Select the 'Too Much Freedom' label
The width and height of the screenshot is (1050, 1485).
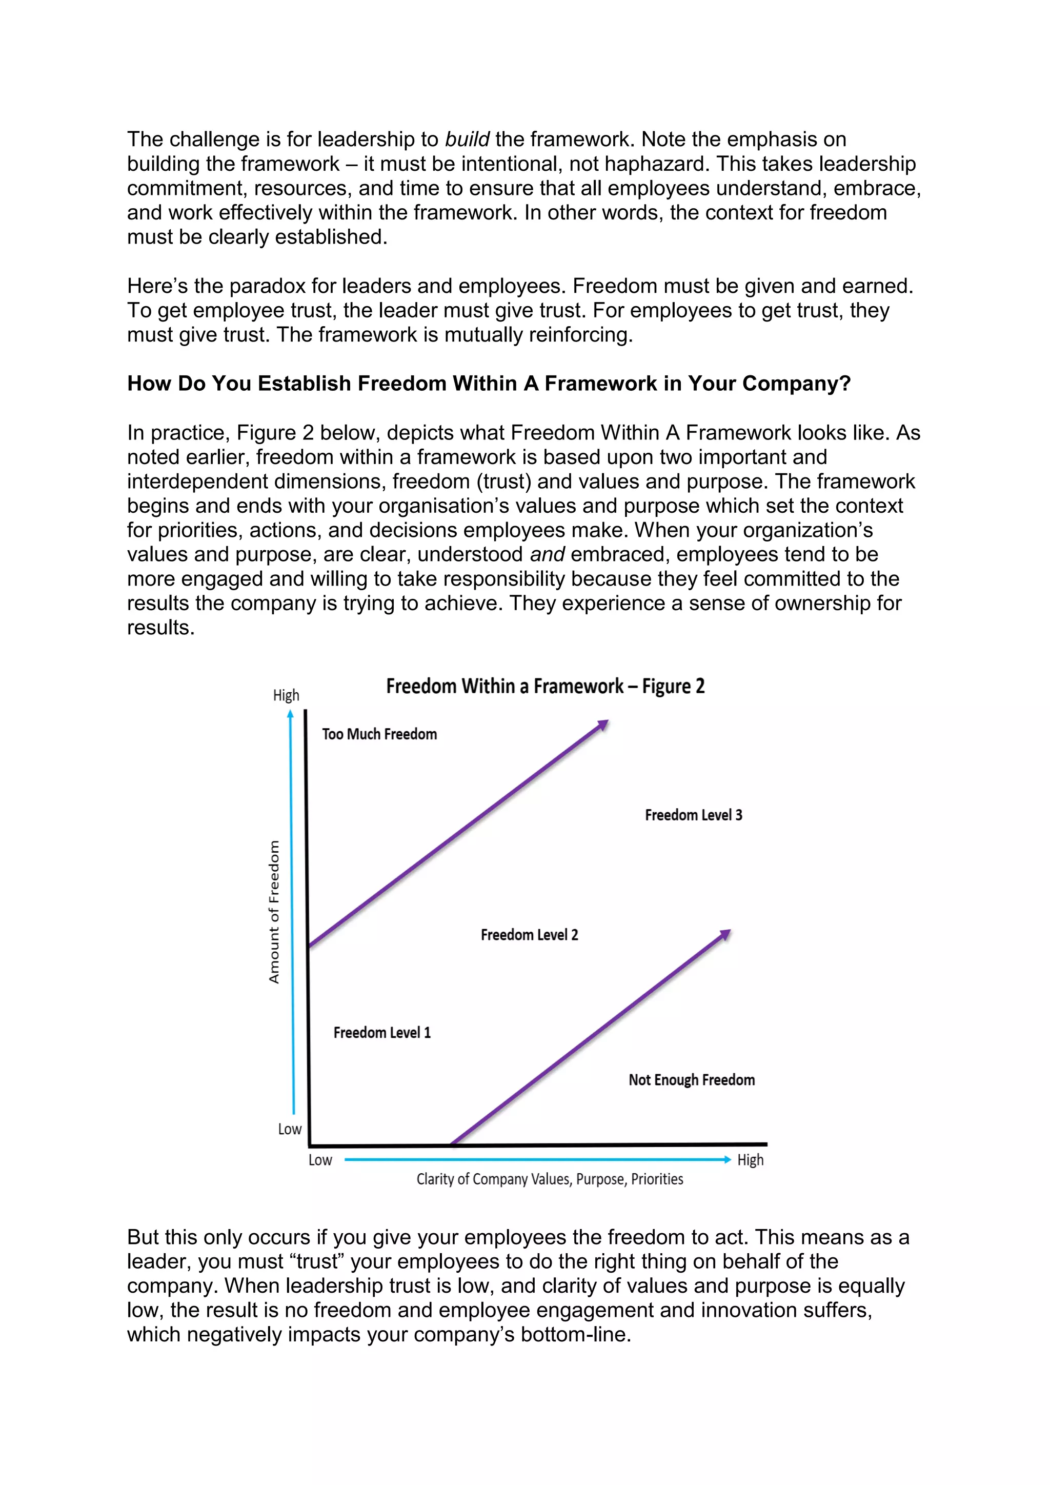(x=379, y=734)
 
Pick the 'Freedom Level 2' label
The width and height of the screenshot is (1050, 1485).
(x=529, y=935)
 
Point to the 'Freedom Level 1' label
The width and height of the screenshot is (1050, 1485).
(x=381, y=1032)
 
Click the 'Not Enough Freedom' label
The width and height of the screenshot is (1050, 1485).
(x=691, y=1079)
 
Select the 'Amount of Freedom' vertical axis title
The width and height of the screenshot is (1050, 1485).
(x=274, y=912)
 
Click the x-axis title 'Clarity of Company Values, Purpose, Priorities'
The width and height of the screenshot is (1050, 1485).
(x=550, y=1179)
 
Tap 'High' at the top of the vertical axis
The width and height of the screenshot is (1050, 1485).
(x=286, y=695)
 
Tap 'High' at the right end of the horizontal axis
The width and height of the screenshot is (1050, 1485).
(x=750, y=1160)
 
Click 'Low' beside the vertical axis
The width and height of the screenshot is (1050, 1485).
(x=290, y=1129)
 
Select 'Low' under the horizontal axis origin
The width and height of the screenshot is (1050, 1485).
(x=320, y=1160)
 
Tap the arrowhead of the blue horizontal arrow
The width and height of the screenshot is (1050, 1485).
(x=728, y=1160)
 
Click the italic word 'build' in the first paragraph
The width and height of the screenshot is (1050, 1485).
(x=467, y=139)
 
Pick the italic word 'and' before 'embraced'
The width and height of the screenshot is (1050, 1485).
(x=547, y=554)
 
